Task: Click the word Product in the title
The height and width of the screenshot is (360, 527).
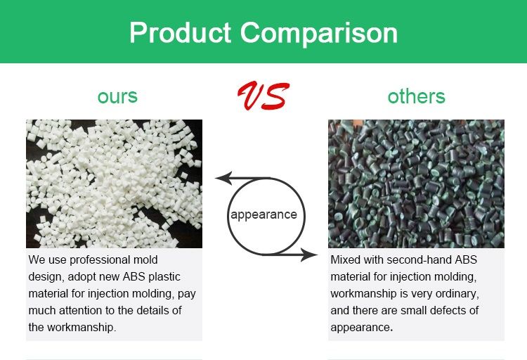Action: click(180, 32)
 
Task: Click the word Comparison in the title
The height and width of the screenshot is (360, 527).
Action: click(319, 33)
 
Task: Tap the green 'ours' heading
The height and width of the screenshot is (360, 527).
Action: click(117, 96)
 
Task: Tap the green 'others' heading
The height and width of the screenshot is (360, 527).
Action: click(416, 96)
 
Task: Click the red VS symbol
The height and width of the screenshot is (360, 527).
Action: click(263, 96)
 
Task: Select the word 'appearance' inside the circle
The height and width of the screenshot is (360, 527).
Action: click(263, 214)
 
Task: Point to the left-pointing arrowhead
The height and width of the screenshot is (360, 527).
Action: click(223, 179)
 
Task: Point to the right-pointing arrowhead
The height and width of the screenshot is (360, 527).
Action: click(309, 255)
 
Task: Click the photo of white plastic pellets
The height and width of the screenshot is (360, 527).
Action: click(115, 184)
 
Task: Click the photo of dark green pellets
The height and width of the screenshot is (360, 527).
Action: click(416, 184)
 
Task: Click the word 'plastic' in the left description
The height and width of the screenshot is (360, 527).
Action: click(164, 277)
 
